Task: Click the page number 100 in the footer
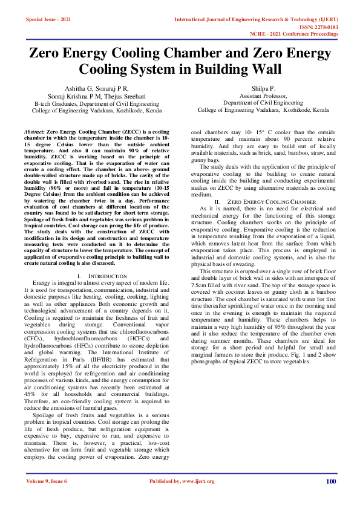pyautogui.click(x=330, y=481)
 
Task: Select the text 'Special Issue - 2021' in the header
pyautogui.click(x=48, y=20)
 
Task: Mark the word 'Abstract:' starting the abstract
pyautogui.click(x=34, y=131)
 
